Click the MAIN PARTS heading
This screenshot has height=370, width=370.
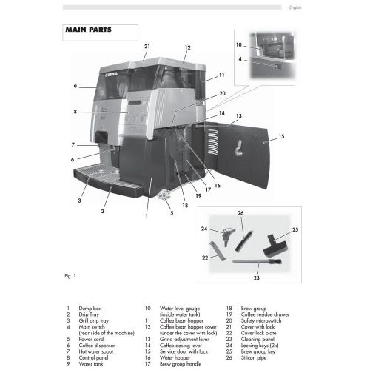coord(88,30)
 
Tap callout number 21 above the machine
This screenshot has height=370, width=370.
coord(147,47)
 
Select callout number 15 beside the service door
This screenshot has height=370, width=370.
coord(281,136)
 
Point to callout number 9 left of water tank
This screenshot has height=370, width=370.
coord(75,87)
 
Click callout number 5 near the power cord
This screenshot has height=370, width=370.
coord(172,213)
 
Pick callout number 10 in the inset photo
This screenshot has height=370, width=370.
coord(239,44)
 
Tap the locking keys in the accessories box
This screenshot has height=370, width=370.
coord(228,236)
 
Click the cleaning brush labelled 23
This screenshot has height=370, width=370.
coord(257,261)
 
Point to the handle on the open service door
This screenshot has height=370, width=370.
coord(238,148)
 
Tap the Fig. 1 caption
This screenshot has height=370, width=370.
coord(70,276)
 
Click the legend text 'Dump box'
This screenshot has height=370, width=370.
coord(90,309)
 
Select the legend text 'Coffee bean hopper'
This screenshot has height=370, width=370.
coord(181,320)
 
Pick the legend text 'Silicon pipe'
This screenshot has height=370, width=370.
coord(254,357)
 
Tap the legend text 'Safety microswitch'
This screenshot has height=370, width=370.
coord(261,320)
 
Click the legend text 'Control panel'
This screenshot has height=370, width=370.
coord(93,357)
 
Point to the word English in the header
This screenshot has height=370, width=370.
coord(295,7)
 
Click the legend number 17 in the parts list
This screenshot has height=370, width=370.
coord(148,364)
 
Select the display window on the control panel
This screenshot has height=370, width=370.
coord(135,102)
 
